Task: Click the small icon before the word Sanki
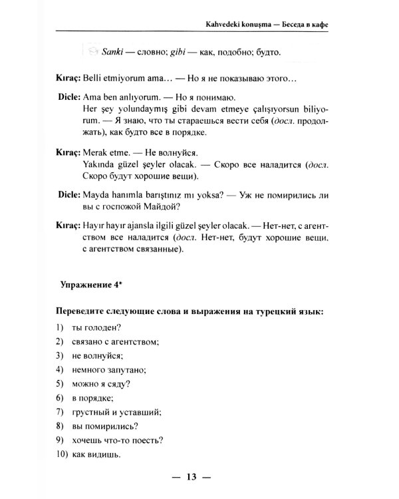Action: (x=90, y=51)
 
